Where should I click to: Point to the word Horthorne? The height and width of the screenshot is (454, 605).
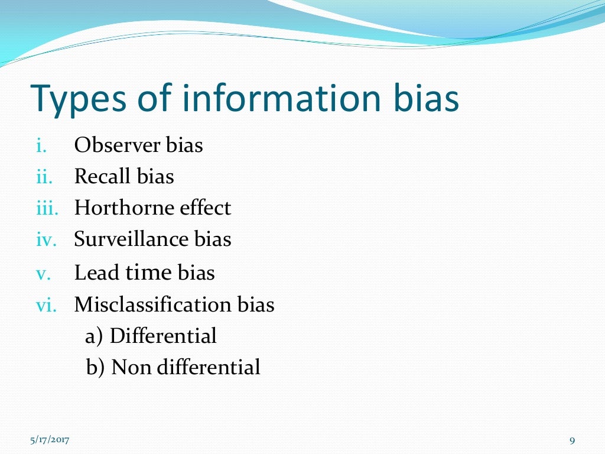pyautogui.click(x=124, y=207)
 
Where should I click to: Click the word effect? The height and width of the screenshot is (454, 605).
pyautogui.click(x=204, y=207)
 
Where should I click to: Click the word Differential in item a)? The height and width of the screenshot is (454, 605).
pyautogui.click(x=163, y=336)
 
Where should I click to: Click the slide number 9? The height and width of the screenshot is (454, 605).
pyautogui.click(x=572, y=440)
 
